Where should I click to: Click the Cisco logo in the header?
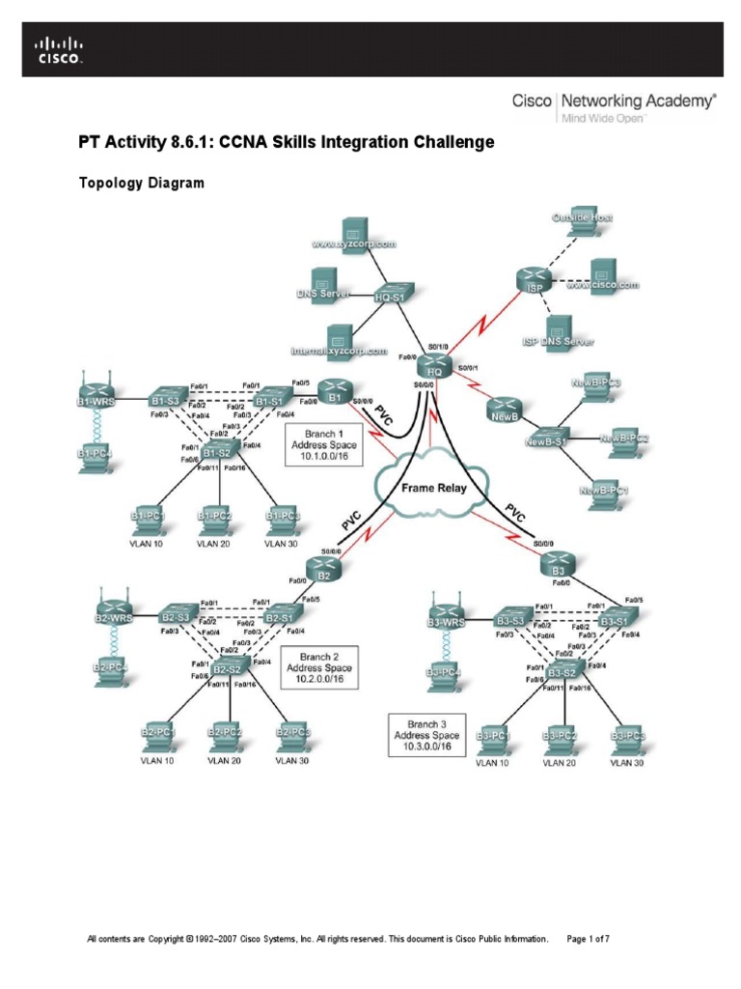click(60, 49)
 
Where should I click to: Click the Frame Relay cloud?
click(433, 489)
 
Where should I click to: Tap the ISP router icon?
click(535, 281)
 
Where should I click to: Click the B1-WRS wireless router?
click(96, 396)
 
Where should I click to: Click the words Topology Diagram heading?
click(141, 184)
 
